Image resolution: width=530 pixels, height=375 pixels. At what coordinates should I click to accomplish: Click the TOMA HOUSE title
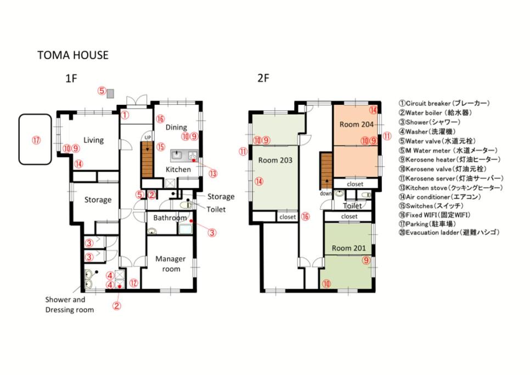72,55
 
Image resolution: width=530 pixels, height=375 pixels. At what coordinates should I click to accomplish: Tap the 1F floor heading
71,79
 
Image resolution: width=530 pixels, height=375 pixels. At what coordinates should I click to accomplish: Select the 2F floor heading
263,78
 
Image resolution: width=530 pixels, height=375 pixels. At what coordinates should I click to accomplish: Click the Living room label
94,140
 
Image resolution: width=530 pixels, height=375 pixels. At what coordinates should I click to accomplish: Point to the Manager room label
171,264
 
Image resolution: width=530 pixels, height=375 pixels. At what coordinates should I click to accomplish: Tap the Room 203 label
275,160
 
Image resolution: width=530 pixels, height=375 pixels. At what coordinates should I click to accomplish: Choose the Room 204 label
356,125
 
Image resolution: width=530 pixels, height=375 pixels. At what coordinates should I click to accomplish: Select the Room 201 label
348,248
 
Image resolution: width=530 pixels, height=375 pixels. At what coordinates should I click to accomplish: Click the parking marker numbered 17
36,139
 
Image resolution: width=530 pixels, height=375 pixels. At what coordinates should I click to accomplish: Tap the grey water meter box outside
110,93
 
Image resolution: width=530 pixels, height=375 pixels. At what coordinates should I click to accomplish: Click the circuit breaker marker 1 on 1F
125,115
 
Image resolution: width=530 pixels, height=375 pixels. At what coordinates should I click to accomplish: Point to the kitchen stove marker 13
213,174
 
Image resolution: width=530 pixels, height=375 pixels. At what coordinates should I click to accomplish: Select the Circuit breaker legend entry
444,103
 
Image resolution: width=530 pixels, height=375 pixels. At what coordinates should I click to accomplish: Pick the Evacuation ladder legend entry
449,232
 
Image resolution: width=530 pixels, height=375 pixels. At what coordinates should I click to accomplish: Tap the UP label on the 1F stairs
148,138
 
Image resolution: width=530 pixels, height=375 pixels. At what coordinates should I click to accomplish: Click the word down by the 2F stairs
326,193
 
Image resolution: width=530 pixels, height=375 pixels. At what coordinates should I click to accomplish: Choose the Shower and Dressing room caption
70,305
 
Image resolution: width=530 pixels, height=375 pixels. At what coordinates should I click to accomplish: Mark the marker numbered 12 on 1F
134,283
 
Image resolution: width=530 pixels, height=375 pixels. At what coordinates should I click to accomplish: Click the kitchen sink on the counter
177,155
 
